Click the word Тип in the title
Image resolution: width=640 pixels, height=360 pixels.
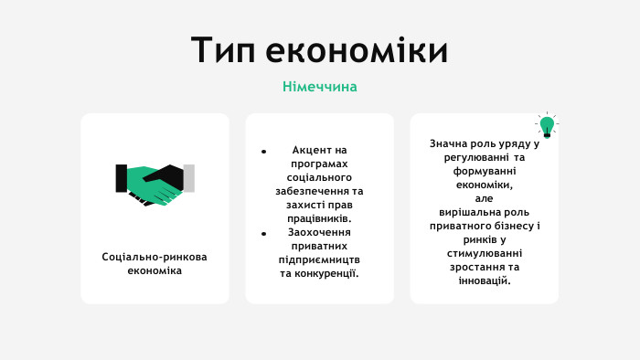pos(222,51)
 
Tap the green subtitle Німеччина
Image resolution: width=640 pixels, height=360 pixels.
pos(319,87)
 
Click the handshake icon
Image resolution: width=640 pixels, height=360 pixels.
pos(155,184)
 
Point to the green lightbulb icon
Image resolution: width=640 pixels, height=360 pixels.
pos(547,125)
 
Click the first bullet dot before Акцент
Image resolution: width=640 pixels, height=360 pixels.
pos(263,150)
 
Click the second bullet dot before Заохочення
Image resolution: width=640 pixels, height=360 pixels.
pos(263,232)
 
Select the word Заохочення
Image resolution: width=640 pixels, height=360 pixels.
pos(319,232)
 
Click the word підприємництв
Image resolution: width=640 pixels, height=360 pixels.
pos(319,259)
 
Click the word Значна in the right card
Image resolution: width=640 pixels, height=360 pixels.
pos(447,143)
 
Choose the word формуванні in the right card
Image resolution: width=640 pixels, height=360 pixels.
pos(484,171)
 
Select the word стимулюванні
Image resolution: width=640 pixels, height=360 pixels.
pos(484,253)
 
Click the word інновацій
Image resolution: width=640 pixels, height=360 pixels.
pos(484,281)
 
